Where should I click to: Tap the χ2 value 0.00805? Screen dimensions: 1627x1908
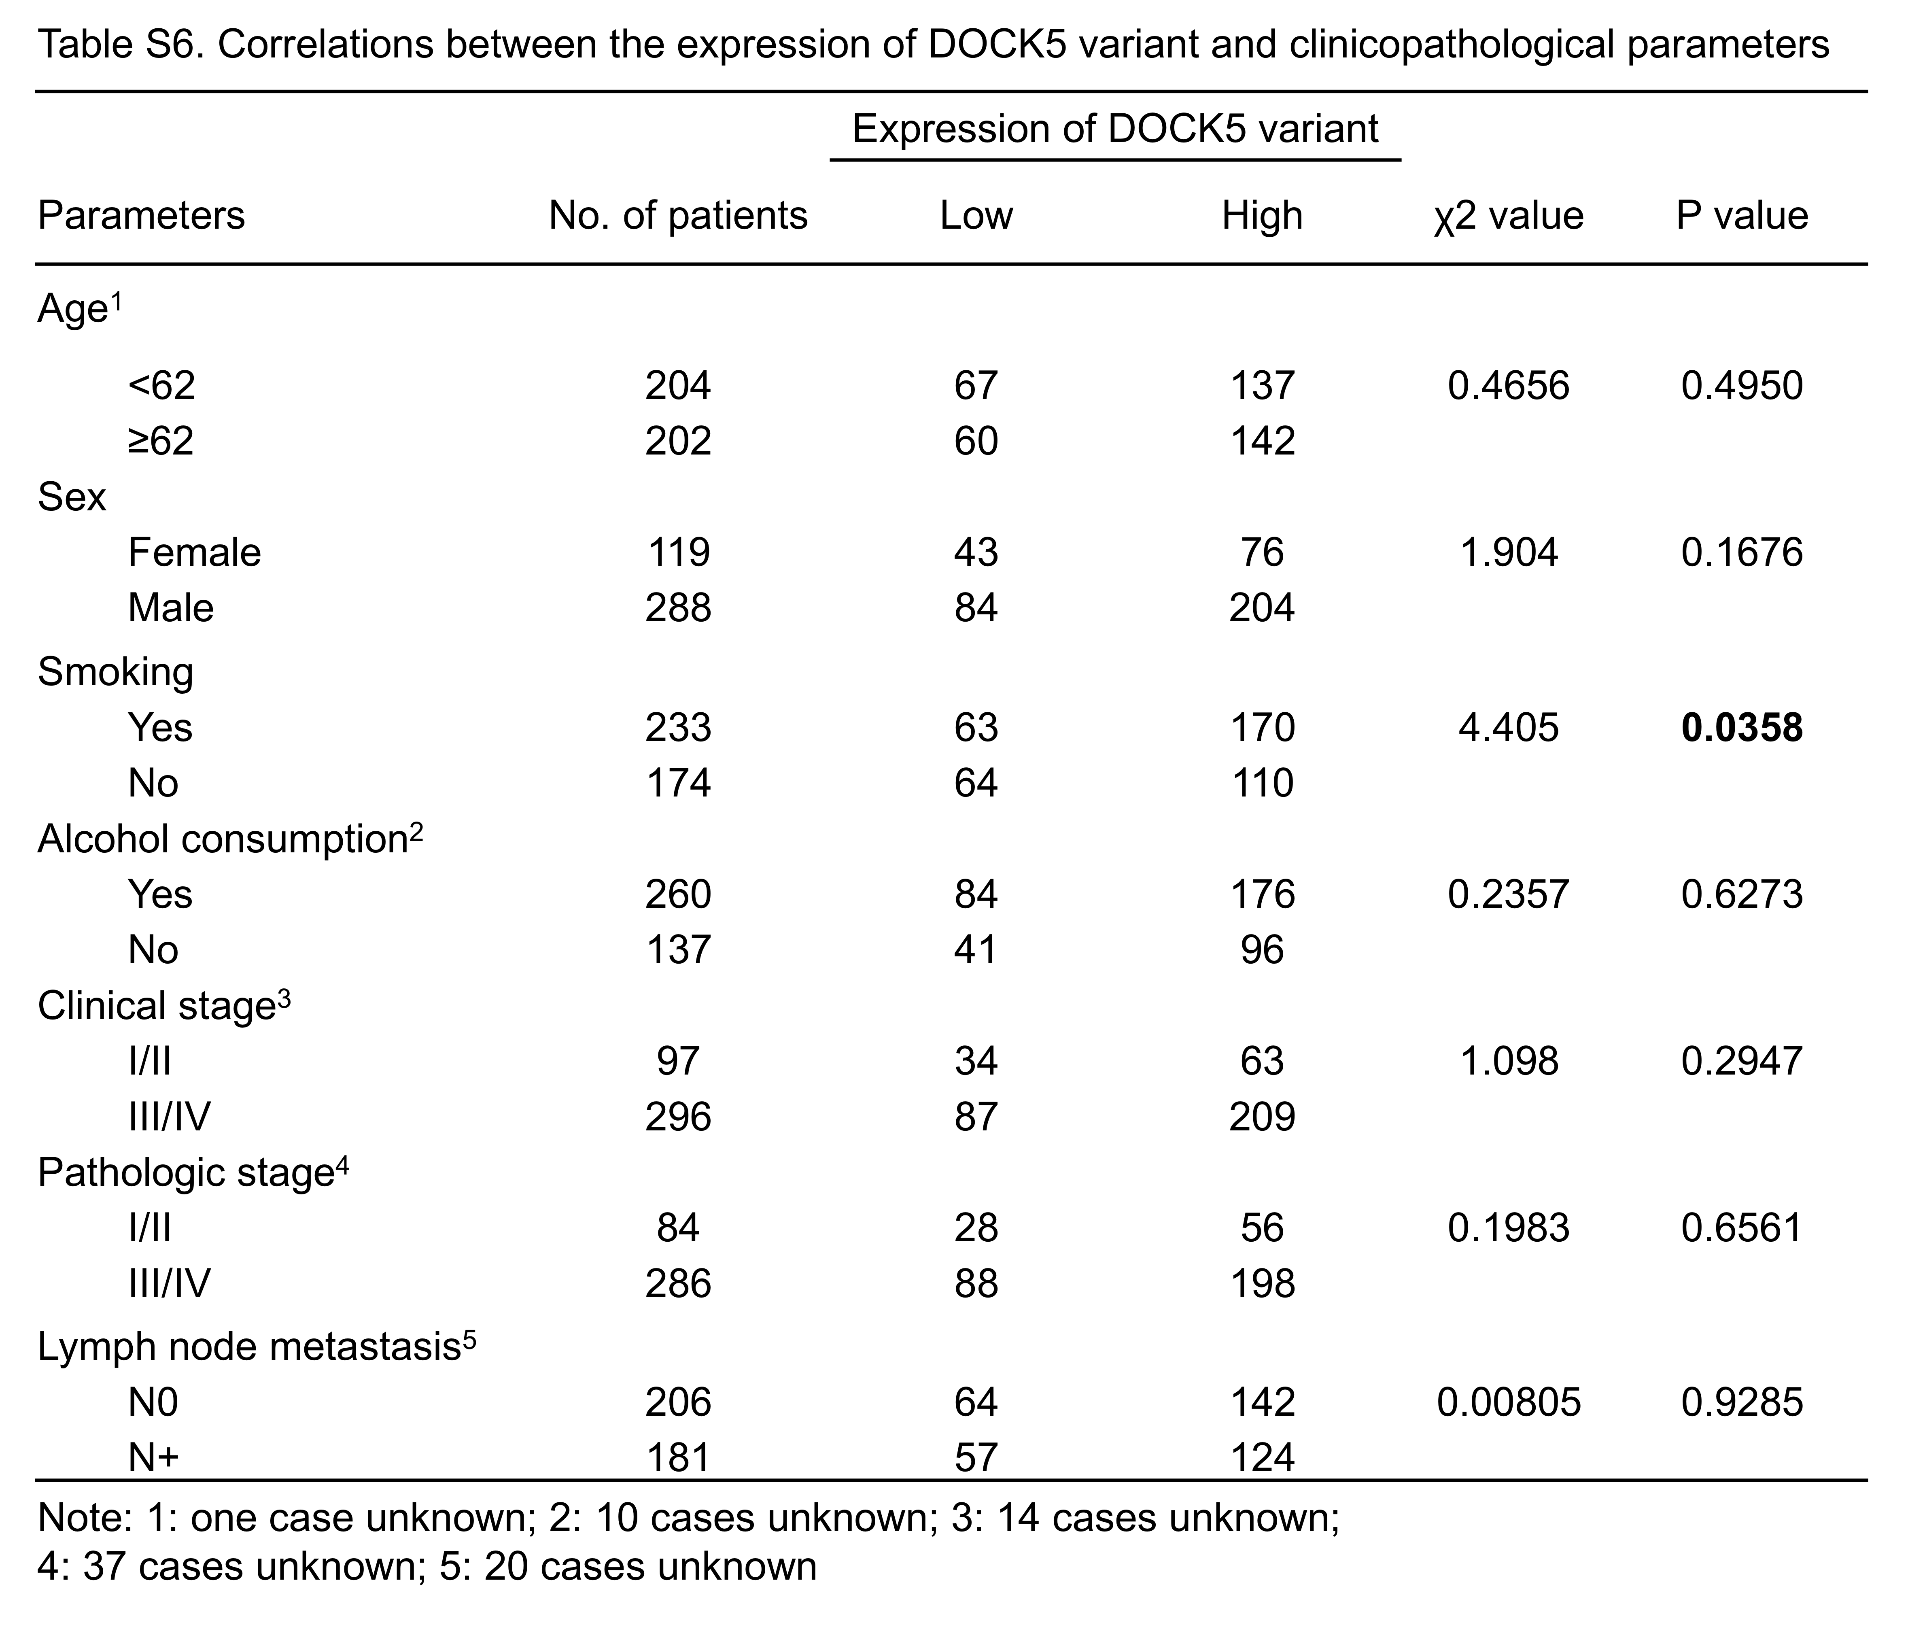pos(1508,1402)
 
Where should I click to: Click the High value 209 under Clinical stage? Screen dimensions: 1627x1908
pos(1262,1117)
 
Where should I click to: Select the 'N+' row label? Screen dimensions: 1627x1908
pos(153,1457)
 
